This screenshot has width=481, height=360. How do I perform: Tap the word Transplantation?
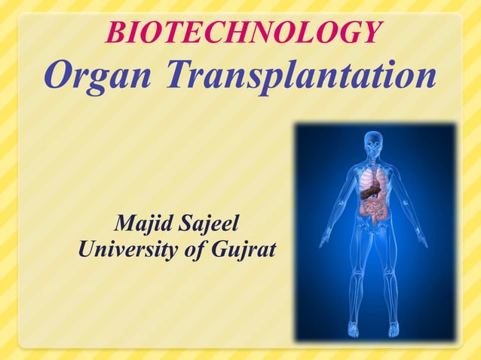302,75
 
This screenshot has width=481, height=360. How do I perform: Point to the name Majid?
142,224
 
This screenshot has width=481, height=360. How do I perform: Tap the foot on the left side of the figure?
353,329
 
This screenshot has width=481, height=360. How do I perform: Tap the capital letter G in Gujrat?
219,249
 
